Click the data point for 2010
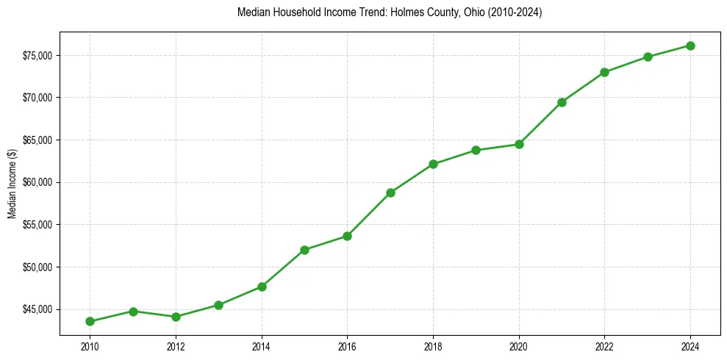(x=90, y=321)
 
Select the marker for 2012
(x=176, y=317)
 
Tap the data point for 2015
(x=304, y=250)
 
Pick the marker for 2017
(x=390, y=192)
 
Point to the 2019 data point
(x=476, y=150)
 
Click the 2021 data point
(x=562, y=102)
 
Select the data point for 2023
(x=648, y=57)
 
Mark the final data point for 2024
(x=690, y=46)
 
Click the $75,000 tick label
(x=37, y=56)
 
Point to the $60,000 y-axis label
(x=37, y=182)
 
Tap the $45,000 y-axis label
(x=37, y=309)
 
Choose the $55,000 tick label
(x=37, y=225)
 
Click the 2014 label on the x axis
(x=261, y=346)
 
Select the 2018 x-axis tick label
(x=433, y=346)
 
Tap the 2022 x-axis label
(x=604, y=346)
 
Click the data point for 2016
(x=347, y=236)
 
